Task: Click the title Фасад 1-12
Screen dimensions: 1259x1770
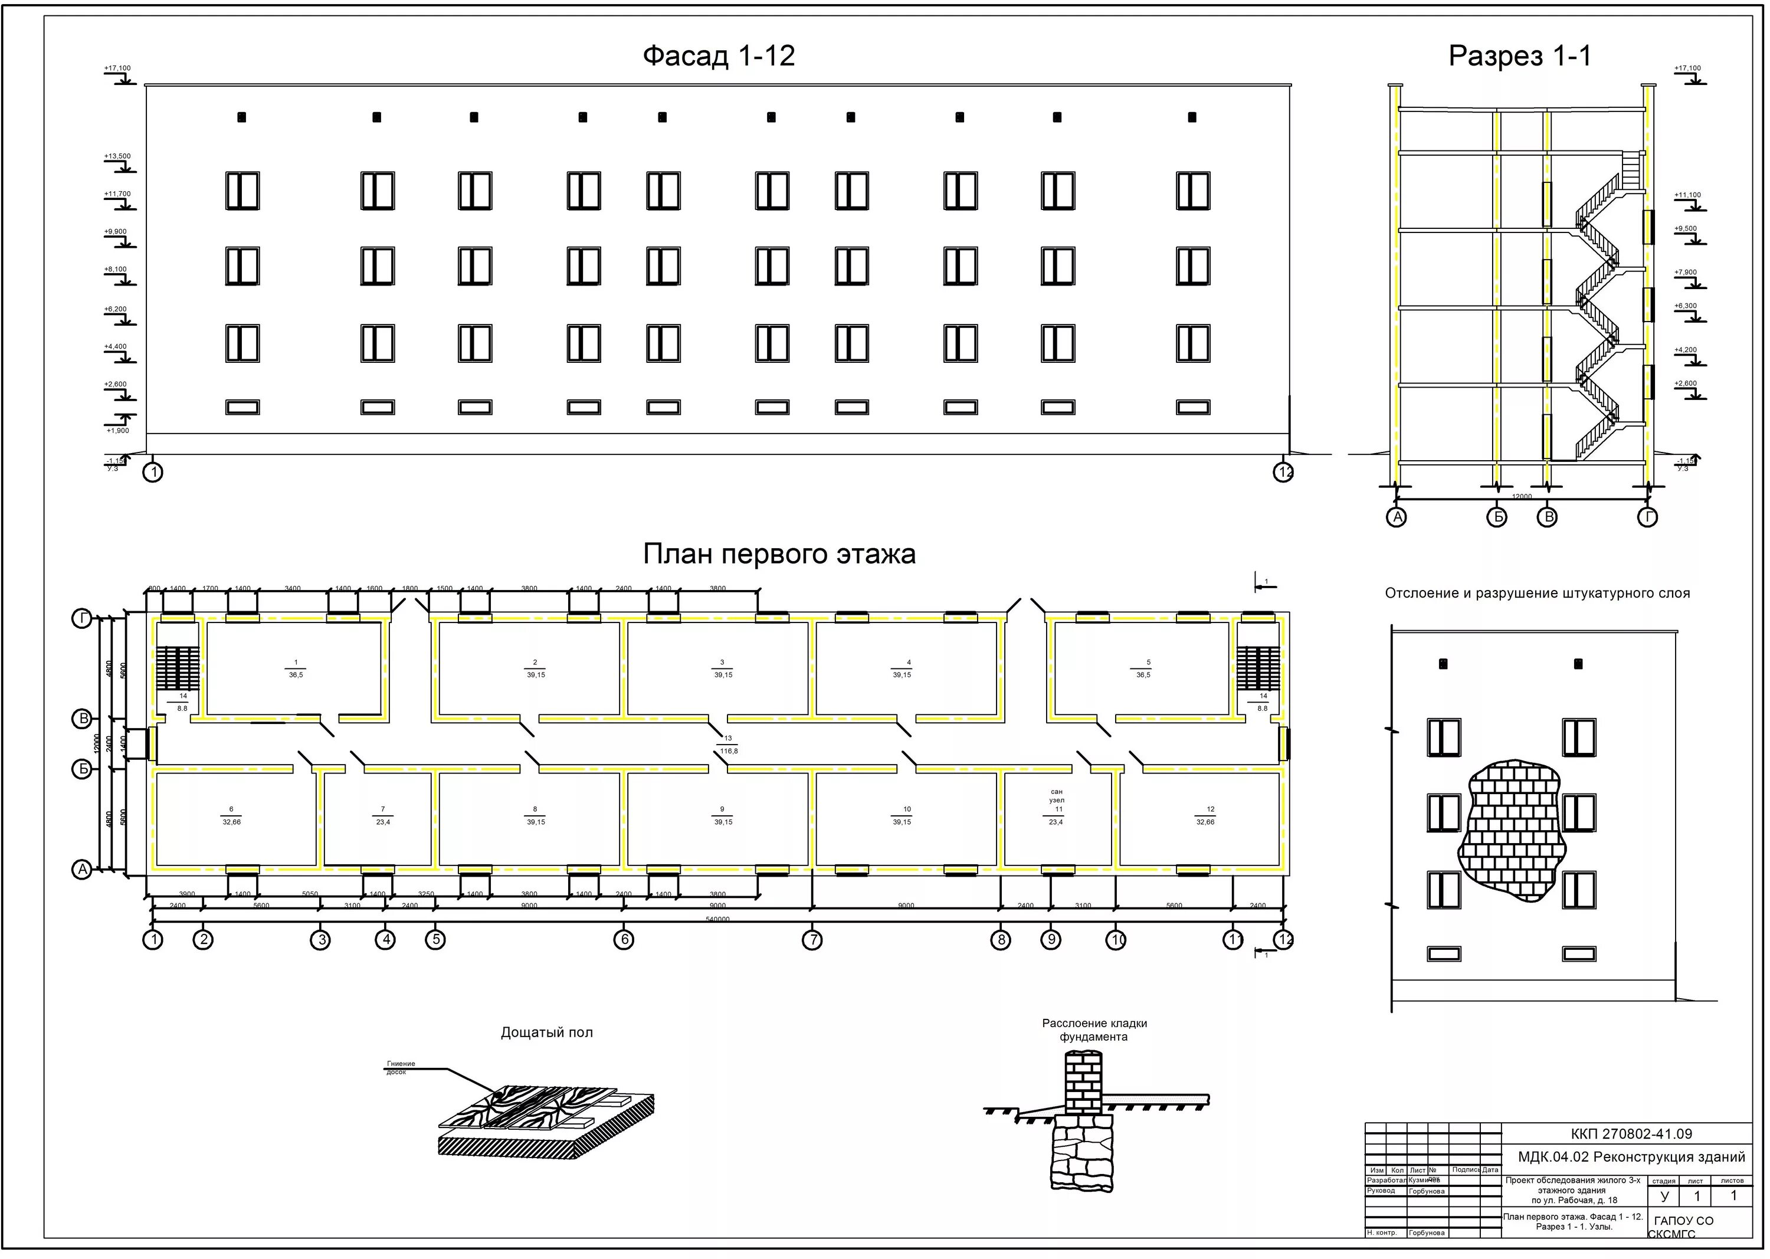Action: coord(718,56)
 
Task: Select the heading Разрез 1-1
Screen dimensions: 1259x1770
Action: coord(1520,56)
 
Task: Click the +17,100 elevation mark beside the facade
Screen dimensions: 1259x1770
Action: coord(118,68)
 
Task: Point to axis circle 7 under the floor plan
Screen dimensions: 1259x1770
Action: coord(812,940)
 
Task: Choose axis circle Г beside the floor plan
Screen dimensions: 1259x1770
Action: coord(82,618)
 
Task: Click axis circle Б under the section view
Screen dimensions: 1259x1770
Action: coord(1496,517)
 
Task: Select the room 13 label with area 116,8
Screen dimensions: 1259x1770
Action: coord(729,745)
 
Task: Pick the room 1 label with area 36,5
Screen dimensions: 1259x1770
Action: coord(296,668)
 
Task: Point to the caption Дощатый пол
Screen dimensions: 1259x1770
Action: coord(546,1032)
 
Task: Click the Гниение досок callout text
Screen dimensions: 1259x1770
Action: coord(400,1067)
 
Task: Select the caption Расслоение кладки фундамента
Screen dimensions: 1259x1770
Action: coord(1094,1030)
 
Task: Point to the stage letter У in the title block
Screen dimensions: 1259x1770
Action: coord(1664,1196)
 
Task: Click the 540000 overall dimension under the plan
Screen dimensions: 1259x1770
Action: coord(718,919)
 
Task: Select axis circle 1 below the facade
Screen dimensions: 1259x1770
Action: coord(153,472)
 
